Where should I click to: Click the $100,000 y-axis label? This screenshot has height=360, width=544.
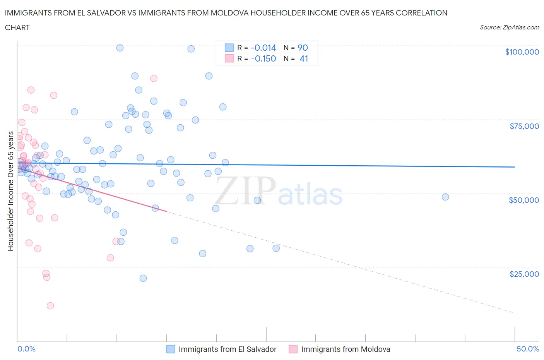[522, 52]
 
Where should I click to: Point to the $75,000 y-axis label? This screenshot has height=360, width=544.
[524, 126]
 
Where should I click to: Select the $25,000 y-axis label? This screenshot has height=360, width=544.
[524, 274]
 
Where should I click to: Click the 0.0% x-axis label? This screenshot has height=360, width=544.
[26, 349]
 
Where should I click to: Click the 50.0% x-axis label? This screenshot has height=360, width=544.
[528, 349]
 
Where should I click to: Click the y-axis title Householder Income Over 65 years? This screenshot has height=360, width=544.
[10, 191]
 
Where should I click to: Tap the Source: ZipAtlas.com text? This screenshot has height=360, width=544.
[509, 27]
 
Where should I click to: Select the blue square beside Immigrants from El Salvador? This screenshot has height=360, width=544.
[171, 349]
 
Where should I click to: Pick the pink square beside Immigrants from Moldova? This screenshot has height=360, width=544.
[293, 349]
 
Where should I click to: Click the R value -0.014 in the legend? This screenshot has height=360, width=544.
[263, 48]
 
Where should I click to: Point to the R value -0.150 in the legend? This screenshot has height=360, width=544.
[263, 58]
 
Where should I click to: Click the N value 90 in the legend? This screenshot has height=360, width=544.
[303, 48]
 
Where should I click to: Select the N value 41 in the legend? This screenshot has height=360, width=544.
[304, 58]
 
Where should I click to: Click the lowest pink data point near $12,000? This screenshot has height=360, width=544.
[50, 306]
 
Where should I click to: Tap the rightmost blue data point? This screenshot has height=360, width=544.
[445, 197]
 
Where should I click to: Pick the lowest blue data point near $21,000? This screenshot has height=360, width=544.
[143, 278]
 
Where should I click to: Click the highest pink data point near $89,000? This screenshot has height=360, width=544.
[154, 78]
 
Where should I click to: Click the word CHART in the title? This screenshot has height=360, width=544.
[17, 27]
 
